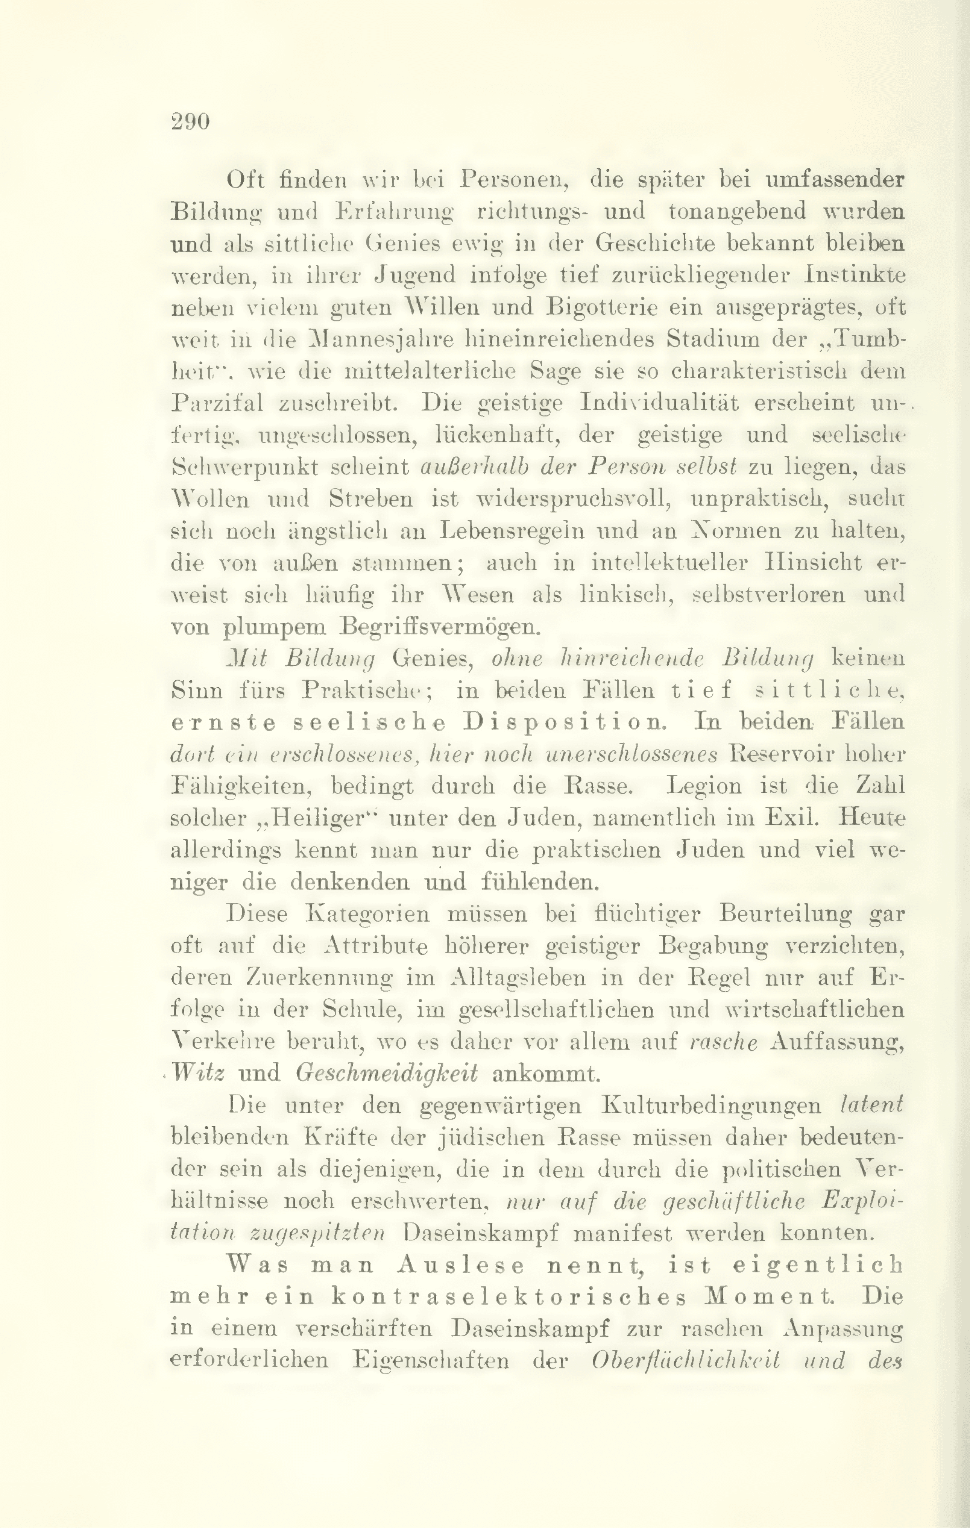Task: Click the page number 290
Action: coord(190,121)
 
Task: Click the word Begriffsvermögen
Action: coord(439,627)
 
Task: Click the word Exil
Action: coord(789,818)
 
